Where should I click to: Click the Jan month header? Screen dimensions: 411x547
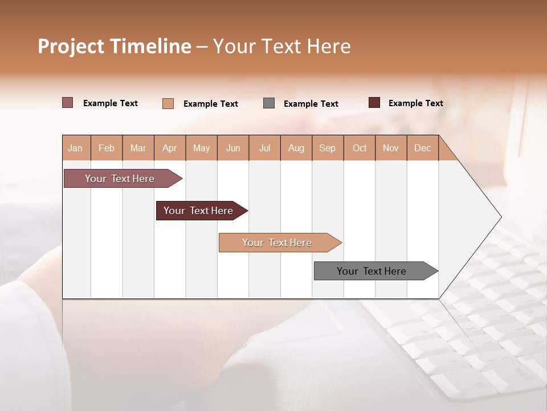click(x=76, y=148)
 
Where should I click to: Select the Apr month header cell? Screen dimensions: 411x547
click(x=170, y=148)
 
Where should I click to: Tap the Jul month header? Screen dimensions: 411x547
click(x=264, y=148)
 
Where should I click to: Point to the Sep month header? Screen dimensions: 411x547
click(x=328, y=148)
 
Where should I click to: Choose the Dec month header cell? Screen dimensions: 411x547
click(x=422, y=148)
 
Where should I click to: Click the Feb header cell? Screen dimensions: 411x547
click(x=107, y=148)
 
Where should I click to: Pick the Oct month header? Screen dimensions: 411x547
click(x=360, y=148)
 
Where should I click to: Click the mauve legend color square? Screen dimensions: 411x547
click(x=68, y=103)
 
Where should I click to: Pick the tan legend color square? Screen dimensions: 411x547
click(x=168, y=103)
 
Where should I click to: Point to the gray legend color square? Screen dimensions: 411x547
click(x=269, y=103)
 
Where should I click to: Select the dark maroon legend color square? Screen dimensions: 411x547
click(x=374, y=103)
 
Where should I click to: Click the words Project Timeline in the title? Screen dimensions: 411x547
click(x=115, y=46)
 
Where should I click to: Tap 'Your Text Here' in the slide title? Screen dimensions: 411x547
click(x=282, y=46)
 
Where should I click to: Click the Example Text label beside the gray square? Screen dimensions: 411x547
click(x=311, y=104)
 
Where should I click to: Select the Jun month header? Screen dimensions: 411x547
click(x=233, y=148)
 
